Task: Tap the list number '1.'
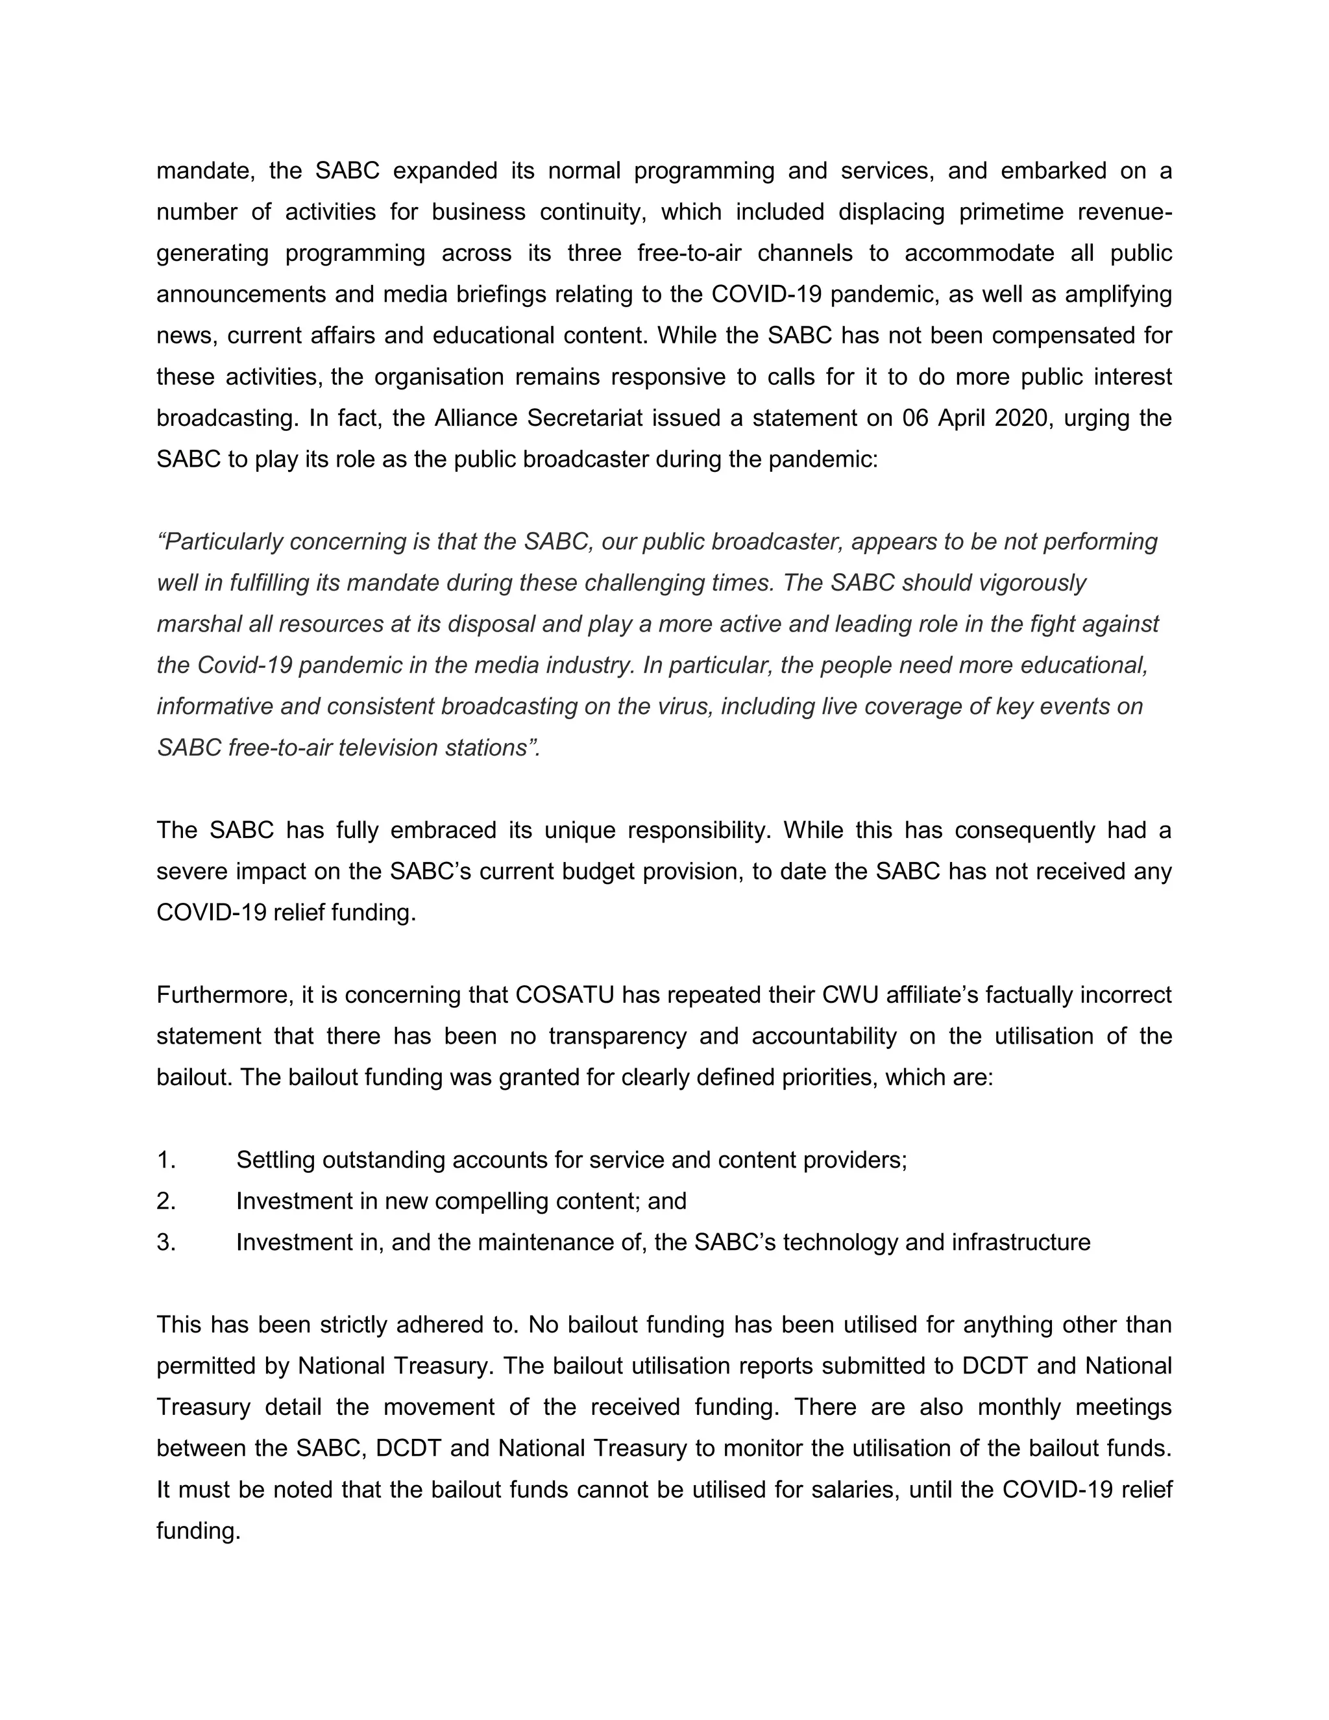(165, 1159)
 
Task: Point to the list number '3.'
(165, 1242)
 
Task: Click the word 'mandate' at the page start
(204, 171)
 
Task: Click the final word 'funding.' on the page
(198, 1530)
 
